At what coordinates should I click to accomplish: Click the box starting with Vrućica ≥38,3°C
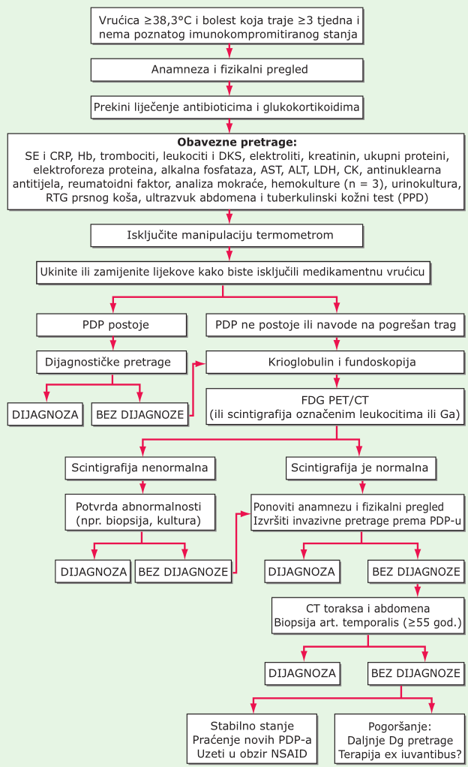point(227,26)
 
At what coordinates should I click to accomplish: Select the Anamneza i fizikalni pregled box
point(227,70)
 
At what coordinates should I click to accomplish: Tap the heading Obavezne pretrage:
point(237,143)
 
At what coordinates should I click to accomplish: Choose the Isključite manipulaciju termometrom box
point(227,236)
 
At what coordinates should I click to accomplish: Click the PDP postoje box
point(112,325)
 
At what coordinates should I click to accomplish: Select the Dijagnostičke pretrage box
point(112,362)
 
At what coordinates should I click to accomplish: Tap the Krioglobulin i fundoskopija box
point(335,362)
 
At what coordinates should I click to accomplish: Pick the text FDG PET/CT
point(335,400)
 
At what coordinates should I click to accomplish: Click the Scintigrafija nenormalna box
point(139,468)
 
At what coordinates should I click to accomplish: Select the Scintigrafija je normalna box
point(361,468)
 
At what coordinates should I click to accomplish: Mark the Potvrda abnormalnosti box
point(139,513)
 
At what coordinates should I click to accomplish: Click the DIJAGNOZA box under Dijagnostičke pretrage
point(45,415)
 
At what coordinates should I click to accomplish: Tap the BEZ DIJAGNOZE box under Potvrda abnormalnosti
point(184,572)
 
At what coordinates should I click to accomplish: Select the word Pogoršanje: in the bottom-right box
point(400,726)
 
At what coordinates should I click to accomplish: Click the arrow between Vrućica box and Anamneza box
point(229,52)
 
